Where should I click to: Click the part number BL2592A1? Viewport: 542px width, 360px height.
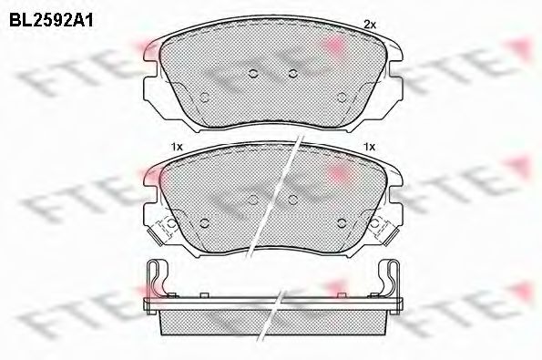point(51,20)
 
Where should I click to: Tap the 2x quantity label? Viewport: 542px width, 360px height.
point(370,25)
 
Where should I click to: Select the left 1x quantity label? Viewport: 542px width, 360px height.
point(177,147)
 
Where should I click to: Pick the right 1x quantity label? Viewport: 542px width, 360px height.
point(369,147)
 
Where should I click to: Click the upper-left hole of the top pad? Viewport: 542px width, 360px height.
point(253,73)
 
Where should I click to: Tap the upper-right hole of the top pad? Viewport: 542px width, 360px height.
point(293,73)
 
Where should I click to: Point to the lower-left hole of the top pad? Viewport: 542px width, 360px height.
point(204,98)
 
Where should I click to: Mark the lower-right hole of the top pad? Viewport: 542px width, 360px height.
point(342,98)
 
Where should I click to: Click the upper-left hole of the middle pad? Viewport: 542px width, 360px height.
point(253,200)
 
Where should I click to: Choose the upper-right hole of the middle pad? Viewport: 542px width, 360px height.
point(293,200)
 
